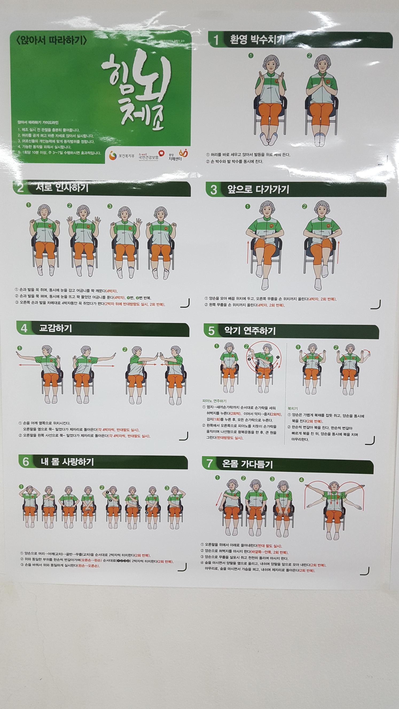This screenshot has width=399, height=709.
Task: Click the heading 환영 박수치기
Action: [257, 40]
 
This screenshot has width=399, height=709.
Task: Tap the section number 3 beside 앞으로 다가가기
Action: [214, 190]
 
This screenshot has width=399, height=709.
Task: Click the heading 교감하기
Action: [55, 328]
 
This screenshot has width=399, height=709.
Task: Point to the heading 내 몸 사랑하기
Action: [67, 462]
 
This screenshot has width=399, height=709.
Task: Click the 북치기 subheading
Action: [292, 408]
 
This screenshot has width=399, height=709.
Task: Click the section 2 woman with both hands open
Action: [80, 239]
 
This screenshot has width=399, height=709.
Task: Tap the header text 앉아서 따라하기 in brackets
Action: [52, 41]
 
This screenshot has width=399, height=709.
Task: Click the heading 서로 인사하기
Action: [62, 188]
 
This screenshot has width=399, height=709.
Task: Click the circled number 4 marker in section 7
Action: [301, 480]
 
